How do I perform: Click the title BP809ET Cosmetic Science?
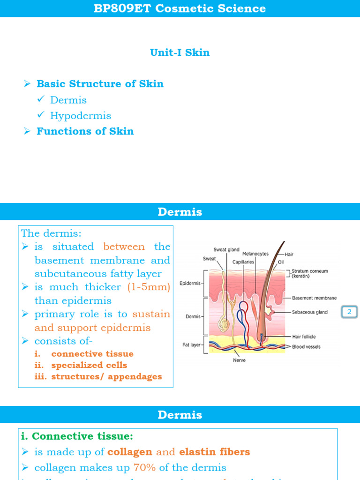(180, 8)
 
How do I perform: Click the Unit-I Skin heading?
(180, 52)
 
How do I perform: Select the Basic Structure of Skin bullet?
(100, 84)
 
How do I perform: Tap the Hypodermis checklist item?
(81, 116)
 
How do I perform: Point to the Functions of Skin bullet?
(85, 131)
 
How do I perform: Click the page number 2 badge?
(349, 312)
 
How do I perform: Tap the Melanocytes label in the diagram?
(255, 254)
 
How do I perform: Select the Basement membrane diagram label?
(314, 298)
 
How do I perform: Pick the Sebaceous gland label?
(310, 312)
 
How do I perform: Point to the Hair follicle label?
(304, 337)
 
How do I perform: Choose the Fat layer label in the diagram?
(192, 345)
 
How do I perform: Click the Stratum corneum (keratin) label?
(309, 274)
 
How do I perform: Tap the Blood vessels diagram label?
(305, 347)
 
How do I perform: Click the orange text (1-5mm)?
(149, 287)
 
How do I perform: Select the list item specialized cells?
(89, 365)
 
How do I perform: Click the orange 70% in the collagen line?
(144, 467)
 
